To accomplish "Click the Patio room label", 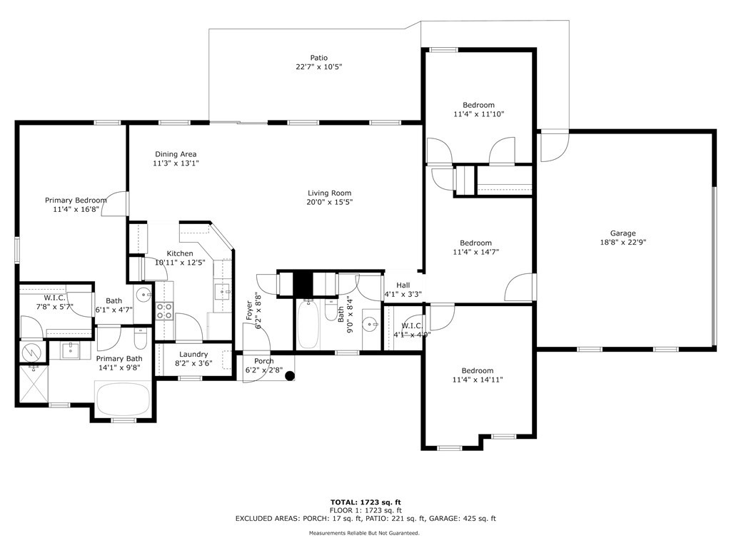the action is [x=319, y=58].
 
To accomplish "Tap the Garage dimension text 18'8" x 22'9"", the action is [x=622, y=242].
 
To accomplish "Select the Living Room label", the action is [x=330, y=193].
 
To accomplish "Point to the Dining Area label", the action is [x=176, y=154].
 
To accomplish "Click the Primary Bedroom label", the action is [x=76, y=200].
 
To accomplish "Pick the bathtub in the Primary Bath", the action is [x=123, y=399].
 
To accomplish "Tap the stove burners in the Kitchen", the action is [x=164, y=311].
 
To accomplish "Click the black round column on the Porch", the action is [x=290, y=375].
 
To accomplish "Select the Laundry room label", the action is [x=193, y=354].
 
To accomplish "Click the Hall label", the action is [x=403, y=285].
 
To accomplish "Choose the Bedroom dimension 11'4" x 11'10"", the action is [x=479, y=113].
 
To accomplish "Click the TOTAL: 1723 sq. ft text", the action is [x=365, y=502].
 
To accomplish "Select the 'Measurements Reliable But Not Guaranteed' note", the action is [x=364, y=532].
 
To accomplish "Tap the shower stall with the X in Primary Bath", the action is [x=33, y=382].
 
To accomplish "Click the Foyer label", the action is [x=249, y=310].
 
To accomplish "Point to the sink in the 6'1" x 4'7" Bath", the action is [x=143, y=295].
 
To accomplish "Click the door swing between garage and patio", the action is [x=554, y=147].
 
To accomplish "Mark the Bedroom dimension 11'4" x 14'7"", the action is [x=476, y=252].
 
